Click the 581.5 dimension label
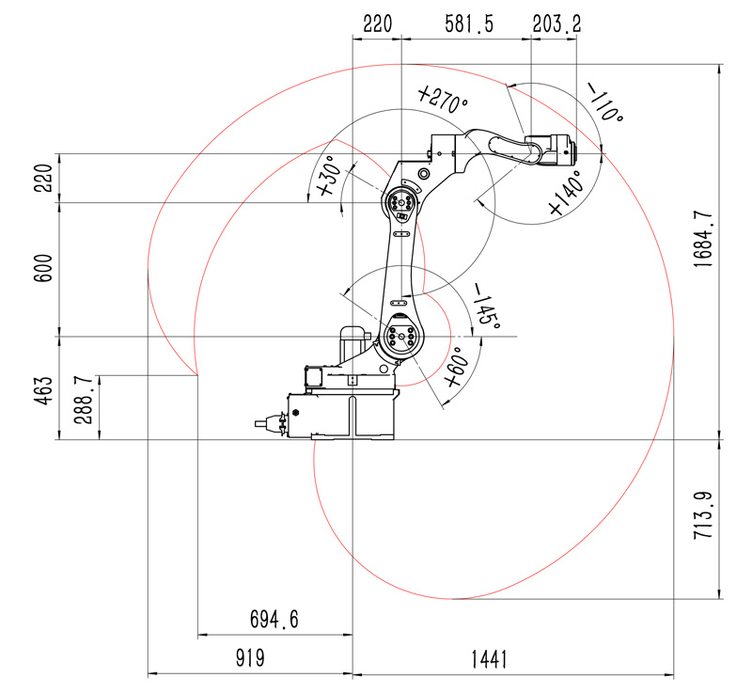coord(468,24)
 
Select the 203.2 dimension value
coord(556,24)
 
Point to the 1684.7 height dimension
coord(703,240)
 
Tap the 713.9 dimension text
coord(703,515)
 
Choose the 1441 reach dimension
coord(489,659)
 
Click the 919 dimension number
coord(250,658)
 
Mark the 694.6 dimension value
coord(274,619)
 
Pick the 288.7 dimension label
coord(84,400)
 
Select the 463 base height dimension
coord(43,390)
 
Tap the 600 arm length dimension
coord(43,268)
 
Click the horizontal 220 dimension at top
coord(378,24)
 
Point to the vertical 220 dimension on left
coord(43,178)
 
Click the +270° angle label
coord(442,100)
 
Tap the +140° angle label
coord(568,193)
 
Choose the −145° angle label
coord(487,306)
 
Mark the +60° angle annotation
coord(456,368)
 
